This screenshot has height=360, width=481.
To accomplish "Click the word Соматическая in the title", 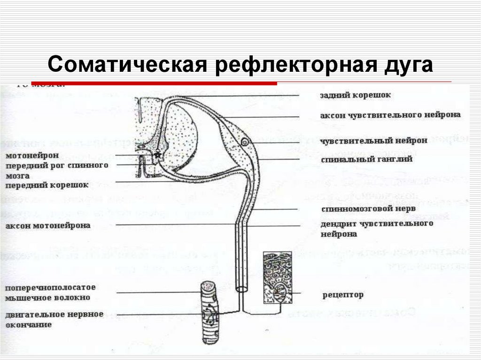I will click(x=127, y=64).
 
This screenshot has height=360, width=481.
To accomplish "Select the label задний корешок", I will click(x=355, y=95).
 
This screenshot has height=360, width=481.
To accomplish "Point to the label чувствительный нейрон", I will click(x=374, y=140).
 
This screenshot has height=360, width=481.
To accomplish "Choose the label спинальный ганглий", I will click(x=366, y=160).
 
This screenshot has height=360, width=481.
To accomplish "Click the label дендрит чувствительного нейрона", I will click(x=377, y=228).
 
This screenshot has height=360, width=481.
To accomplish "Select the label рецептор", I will click(x=342, y=295).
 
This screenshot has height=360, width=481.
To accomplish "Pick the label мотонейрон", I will click(x=32, y=155).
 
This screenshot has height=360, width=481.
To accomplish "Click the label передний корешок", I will click(x=47, y=185).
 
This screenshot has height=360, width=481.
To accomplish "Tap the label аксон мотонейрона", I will click(x=48, y=226).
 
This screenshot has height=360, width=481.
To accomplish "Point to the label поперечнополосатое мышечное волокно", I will click(x=52, y=292).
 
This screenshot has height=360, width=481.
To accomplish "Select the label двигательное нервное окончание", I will click(x=54, y=319).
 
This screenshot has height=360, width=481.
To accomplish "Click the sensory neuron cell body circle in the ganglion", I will click(x=245, y=142).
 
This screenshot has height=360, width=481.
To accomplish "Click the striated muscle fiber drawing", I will click(x=209, y=312).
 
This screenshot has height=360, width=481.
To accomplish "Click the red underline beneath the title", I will click(x=155, y=84).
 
